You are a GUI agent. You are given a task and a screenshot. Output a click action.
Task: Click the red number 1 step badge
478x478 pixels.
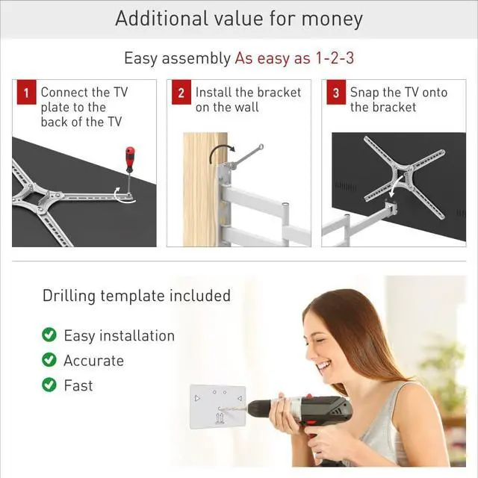[x=25, y=94]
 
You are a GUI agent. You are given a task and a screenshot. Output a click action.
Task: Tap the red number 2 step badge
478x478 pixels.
[x=181, y=94]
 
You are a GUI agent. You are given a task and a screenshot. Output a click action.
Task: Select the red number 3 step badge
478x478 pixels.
[x=336, y=94]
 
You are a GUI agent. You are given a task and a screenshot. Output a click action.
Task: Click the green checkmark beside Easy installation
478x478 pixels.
[x=49, y=335]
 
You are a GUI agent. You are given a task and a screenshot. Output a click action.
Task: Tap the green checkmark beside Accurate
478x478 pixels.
[x=49, y=360]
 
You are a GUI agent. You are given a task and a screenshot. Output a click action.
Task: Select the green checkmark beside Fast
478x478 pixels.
[x=49, y=385]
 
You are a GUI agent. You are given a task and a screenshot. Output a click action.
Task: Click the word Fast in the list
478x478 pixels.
[x=78, y=385]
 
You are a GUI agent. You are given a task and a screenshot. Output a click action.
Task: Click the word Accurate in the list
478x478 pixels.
[x=93, y=361]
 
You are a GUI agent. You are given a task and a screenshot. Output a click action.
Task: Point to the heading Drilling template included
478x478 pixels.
[x=136, y=296]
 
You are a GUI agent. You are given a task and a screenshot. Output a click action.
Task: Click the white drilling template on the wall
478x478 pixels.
[x=217, y=406]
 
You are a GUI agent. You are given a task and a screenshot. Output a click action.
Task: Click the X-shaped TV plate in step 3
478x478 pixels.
[x=404, y=176]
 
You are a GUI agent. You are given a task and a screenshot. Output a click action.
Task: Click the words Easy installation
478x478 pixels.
[x=119, y=336]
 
